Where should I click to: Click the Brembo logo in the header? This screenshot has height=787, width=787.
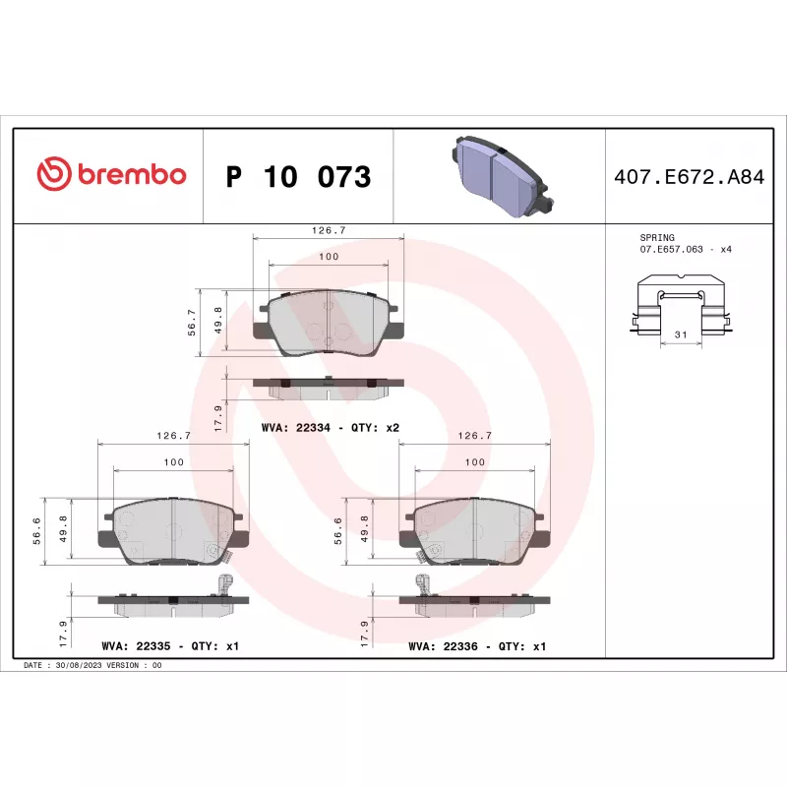tap(111, 174)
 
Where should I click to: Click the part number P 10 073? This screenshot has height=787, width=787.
tap(299, 177)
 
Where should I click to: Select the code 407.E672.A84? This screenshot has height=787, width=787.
tap(690, 177)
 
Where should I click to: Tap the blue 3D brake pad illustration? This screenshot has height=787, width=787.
tap(503, 176)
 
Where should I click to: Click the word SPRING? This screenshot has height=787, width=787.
tap(657, 237)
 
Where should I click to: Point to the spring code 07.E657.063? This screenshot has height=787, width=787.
tap(671, 250)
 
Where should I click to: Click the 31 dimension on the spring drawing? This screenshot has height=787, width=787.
tap(681, 334)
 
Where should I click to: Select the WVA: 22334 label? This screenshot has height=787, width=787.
tap(296, 428)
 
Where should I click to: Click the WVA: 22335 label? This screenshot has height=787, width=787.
tap(136, 646)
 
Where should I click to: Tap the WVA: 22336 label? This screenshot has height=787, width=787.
tap(443, 646)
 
